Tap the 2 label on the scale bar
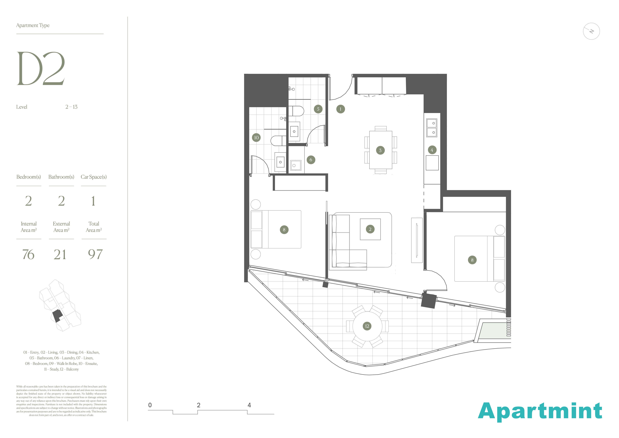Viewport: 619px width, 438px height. point(199,405)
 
